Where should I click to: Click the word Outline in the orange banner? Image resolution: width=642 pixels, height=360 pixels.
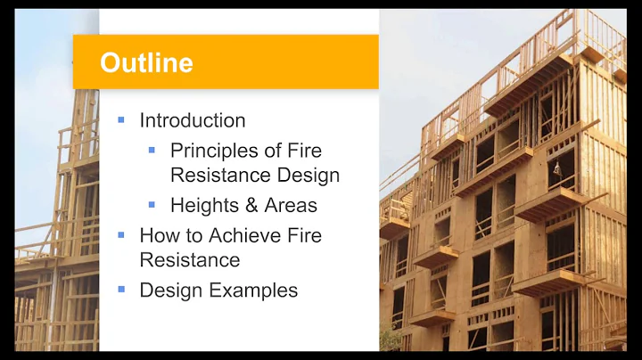pos(146,62)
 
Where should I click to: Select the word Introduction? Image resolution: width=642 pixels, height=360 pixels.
pos(193,120)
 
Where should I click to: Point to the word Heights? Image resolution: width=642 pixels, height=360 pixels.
pos(204,206)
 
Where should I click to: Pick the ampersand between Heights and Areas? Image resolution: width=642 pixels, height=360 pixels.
pos(249,206)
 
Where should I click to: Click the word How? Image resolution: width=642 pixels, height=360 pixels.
pos(159,236)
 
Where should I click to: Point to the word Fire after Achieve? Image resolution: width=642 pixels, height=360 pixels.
pos(303,236)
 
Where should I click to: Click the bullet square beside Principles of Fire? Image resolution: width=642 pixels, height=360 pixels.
pos(152,150)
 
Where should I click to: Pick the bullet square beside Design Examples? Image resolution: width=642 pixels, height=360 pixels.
pos(121,290)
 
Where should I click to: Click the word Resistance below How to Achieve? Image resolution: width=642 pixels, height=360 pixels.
pos(189,261)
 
